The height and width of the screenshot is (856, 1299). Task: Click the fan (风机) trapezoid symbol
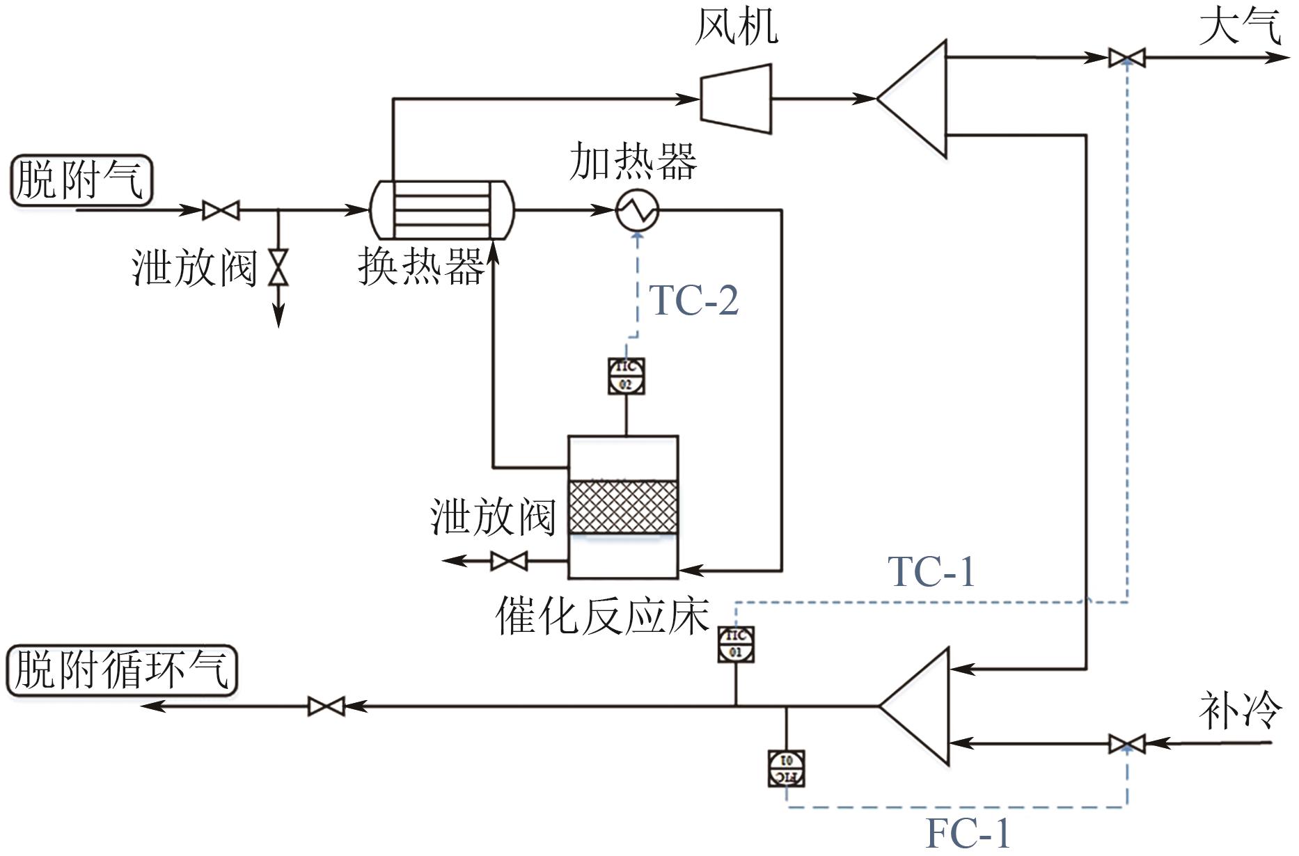[736, 99]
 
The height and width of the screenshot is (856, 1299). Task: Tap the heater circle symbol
[637, 209]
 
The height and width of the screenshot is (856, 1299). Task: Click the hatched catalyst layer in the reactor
[623, 507]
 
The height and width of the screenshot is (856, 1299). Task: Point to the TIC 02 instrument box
[626, 377]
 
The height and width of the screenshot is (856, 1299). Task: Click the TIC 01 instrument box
[736, 644]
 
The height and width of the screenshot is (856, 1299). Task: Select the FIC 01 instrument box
[787, 768]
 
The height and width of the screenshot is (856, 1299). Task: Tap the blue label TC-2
[693, 301]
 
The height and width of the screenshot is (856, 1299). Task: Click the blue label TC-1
[931, 572]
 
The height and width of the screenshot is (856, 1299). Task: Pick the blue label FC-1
[968, 832]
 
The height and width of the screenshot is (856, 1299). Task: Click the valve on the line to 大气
[1126, 58]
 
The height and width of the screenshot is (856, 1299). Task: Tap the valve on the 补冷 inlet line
[1126, 743]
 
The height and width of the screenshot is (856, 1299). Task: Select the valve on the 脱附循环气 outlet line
[326, 706]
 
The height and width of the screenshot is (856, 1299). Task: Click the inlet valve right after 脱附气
[221, 209]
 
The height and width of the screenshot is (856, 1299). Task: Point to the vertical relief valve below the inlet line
[278, 268]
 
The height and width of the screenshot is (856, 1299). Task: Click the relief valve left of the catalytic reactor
[509, 560]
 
